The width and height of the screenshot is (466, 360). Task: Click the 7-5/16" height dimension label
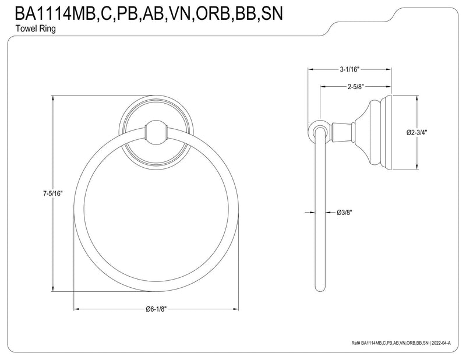coord(53,194)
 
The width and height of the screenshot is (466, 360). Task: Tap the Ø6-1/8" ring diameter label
coord(157,309)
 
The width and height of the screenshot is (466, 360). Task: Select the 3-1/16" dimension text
coord(349,69)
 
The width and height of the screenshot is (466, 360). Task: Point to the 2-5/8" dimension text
coord(355,87)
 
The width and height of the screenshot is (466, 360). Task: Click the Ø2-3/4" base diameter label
coord(416,133)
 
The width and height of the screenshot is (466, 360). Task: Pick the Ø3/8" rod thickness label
coord(344,213)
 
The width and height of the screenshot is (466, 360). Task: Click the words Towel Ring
coord(36,29)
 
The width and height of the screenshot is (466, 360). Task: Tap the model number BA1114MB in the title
coord(55,13)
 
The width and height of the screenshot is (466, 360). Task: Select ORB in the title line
coord(214,13)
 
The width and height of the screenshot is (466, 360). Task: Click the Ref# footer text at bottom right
coord(401,343)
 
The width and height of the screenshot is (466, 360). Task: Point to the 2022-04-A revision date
coord(441,343)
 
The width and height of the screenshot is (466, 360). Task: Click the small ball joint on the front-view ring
coord(156,131)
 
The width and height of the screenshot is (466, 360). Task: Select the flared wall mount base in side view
coord(374,133)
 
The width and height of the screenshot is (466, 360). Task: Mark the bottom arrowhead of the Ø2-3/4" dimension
coord(416,167)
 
